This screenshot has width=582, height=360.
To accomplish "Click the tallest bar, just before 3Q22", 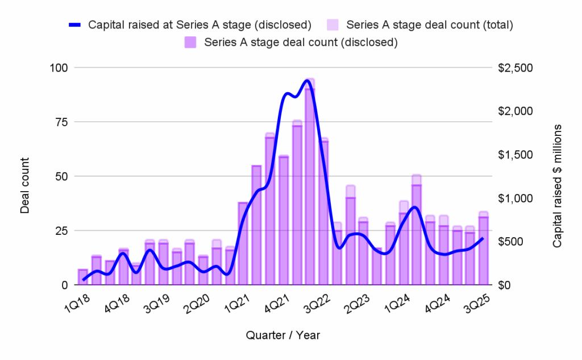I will tap(310, 182).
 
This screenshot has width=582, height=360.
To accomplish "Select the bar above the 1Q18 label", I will tap(83, 277).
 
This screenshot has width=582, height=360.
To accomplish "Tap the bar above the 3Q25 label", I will tap(483, 250).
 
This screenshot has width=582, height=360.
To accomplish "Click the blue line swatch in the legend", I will tap(77, 24).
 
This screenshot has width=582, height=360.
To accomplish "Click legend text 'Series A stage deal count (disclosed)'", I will tap(300, 42).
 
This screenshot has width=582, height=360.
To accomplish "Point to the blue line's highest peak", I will tap(307, 80).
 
